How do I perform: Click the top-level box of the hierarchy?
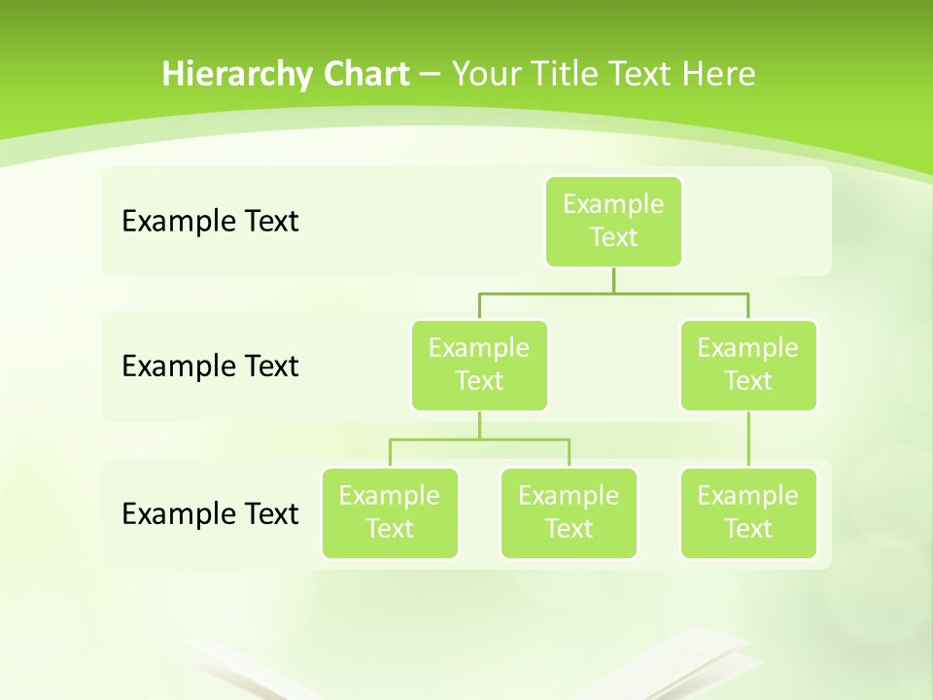pyautogui.click(x=613, y=221)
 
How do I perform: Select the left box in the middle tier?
pyautogui.click(x=479, y=365)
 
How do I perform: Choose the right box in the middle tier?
pyautogui.click(x=748, y=365)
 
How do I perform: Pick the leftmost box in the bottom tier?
pyautogui.click(x=390, y=512)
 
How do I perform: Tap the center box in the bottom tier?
pyautogui.click(x=569, y=512)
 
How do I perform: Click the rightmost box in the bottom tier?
pyautogui.click(x=748, y=512)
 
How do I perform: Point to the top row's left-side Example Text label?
pyautogui.click(x=210, y=222)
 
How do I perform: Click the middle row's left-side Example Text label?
pyautogui.click(x=210, y=367)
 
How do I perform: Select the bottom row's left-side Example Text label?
pyautogui.click(x=210, y=513)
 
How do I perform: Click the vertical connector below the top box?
pyautogui.click(x=613, y=280)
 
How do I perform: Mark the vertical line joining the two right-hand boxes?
pyautogui.click(x=748, y=439)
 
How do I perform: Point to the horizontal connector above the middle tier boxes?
pyautogui.click(x=544, y=293)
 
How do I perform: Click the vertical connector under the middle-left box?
pyautogui.click(x=479, y=425)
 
